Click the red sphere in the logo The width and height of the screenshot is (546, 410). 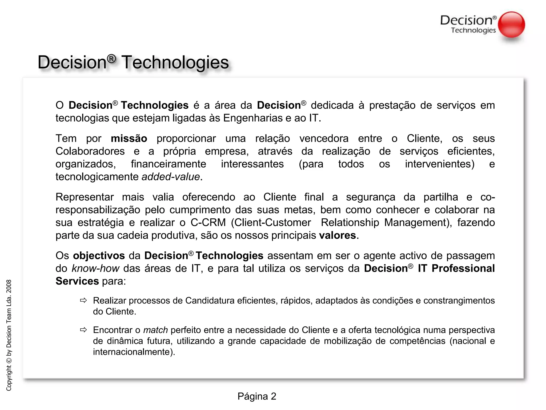coord(511,25)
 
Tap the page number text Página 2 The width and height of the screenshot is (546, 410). coord(257,396)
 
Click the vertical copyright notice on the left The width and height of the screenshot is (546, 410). coord(9,335)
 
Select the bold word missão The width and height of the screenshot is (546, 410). coord(129,139)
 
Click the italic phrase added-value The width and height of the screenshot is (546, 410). coord(171,177)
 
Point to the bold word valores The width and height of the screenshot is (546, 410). coord(337,235)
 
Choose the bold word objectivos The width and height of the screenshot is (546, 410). coord(99,256)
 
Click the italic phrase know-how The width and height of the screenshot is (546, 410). coord(95,269)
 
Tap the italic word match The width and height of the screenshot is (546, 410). coord(155,330)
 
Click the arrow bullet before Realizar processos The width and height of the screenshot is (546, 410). coord(83,301)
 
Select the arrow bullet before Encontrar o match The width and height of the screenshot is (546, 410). coord(83,330)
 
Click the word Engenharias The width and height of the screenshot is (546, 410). coord(253,118)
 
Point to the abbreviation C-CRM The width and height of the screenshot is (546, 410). coord(208,223)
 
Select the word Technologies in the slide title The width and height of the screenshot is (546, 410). coord(175,62)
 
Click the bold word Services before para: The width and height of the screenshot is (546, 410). coord(77,281)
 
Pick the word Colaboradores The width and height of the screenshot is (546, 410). coord(90,151)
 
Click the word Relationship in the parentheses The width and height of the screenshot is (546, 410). coord(350,223)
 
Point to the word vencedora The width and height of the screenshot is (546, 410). coord(324,139)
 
